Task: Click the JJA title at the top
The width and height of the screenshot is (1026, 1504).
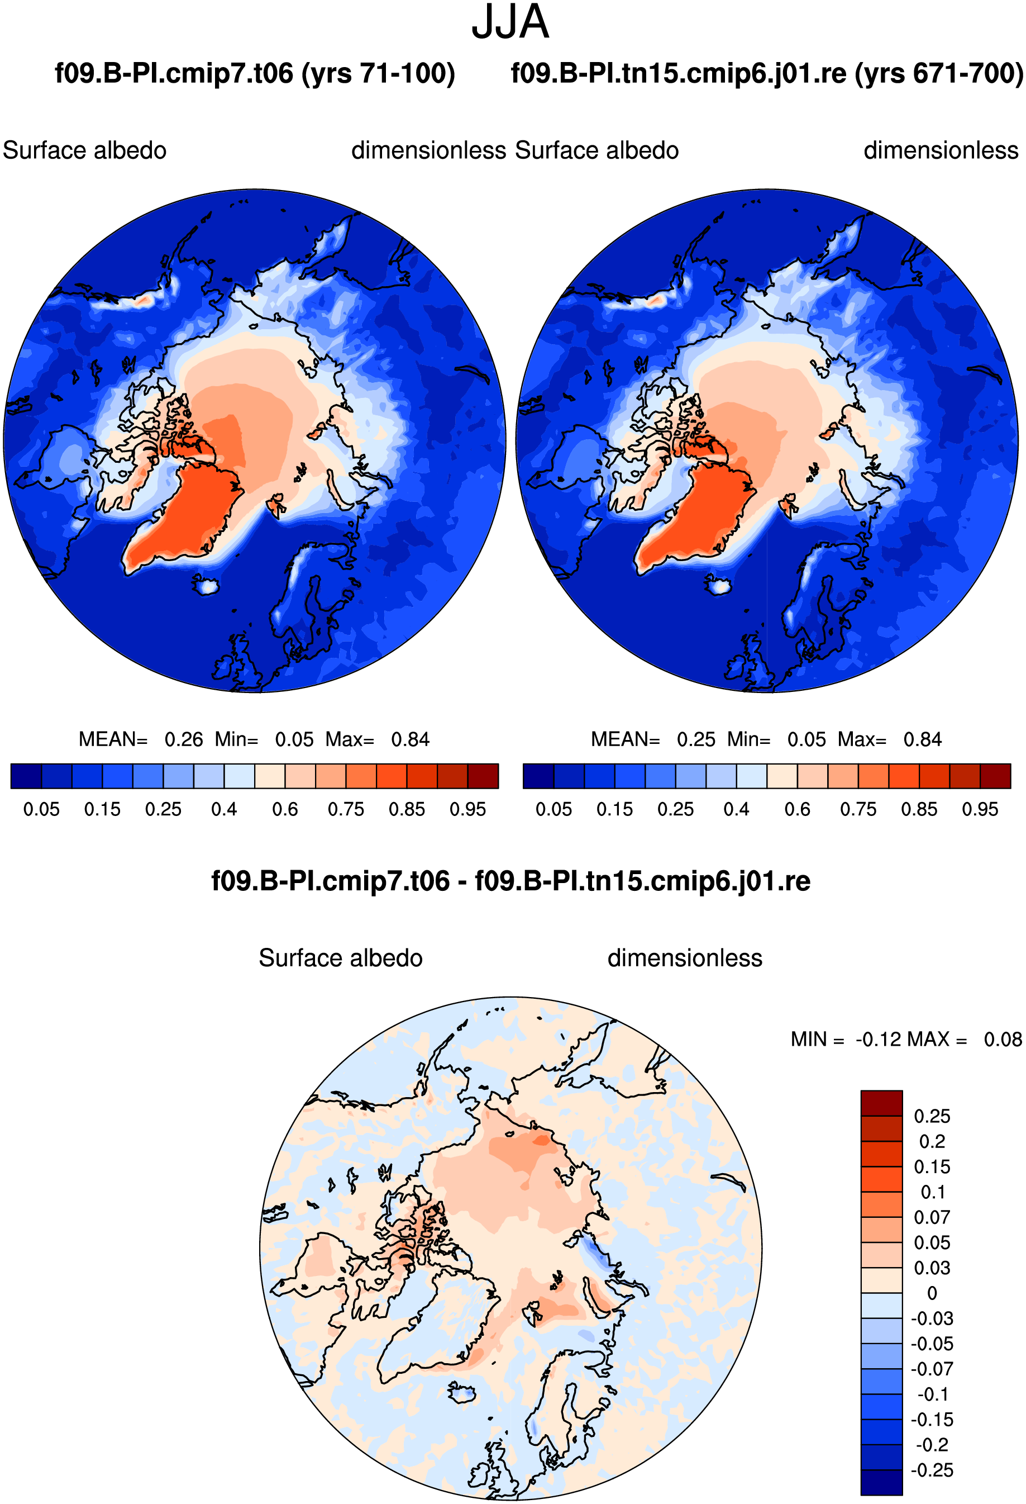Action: point(510,22)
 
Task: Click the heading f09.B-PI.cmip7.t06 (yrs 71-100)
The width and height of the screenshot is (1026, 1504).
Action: point(255,73)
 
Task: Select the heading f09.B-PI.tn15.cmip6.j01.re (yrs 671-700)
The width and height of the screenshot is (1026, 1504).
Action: point(767,73)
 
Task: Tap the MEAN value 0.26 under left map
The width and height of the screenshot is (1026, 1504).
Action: point(184,739)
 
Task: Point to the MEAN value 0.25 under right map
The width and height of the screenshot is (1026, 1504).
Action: point(696,739)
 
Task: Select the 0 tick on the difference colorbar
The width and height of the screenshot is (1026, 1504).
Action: point(932,1293)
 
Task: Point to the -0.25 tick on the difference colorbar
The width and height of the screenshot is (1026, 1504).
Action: point(932,1470)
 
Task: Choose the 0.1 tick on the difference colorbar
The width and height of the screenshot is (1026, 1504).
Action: point(932,1192)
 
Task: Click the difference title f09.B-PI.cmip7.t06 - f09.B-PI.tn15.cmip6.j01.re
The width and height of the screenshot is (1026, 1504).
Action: point(511,881)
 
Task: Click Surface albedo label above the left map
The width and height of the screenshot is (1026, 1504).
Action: point(85,151)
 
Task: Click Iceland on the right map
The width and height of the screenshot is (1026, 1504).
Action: point(718,586)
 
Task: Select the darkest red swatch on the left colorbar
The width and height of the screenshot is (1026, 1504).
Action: point(483,776)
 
